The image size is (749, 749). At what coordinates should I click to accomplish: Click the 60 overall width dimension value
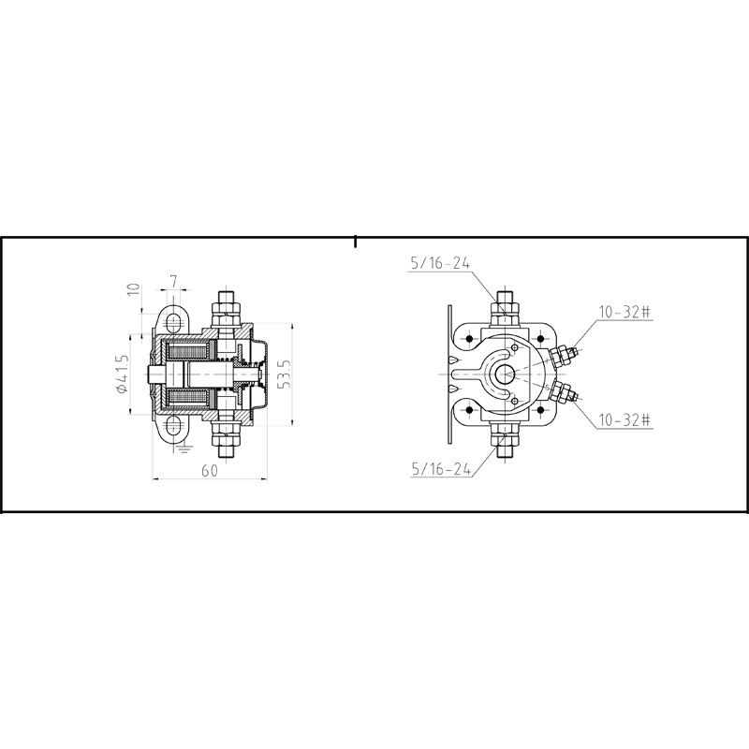pos(209,470)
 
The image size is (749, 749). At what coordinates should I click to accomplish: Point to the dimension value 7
pos(174,281)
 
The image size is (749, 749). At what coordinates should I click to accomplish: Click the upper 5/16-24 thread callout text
pos(439,264)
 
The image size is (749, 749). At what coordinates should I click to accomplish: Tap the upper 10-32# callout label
pos(622,311)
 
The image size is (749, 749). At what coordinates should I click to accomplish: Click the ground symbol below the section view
pos(184,448)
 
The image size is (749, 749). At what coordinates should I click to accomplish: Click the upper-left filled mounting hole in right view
pos(468,337)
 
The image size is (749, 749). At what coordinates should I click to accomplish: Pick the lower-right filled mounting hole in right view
pos(542,410)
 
